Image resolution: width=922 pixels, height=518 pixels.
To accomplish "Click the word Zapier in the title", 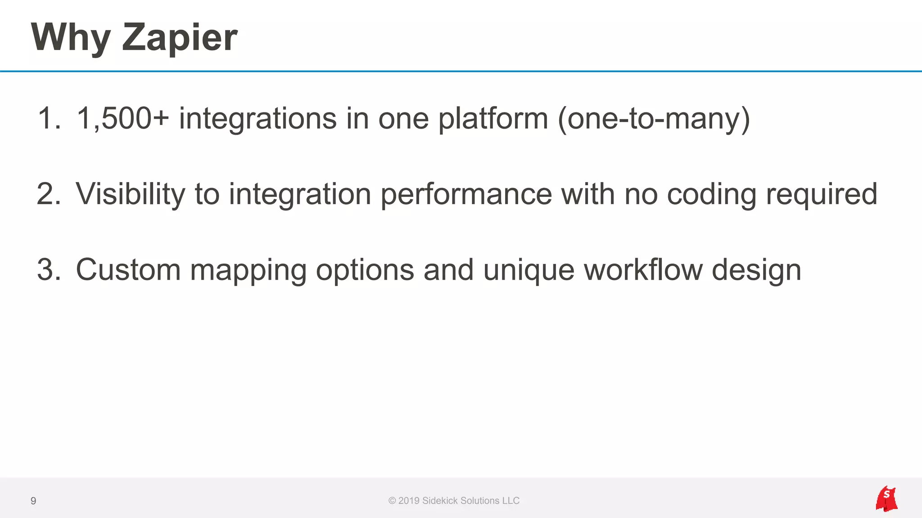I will [179, 38].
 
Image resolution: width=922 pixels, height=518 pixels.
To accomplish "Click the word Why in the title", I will [71, 38].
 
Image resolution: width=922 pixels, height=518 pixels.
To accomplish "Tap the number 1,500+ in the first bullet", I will [122, 119].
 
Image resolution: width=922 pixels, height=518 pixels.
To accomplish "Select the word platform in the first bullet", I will [493, 119].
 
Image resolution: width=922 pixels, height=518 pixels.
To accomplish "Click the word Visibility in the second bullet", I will [130, 194].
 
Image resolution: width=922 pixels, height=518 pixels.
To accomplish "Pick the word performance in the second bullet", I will [466, 194].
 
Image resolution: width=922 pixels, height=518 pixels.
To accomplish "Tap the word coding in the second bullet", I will [711, 194].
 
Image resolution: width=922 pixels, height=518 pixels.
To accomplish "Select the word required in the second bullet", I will [822, 194].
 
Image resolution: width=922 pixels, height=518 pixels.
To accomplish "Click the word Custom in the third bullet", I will [128, 270].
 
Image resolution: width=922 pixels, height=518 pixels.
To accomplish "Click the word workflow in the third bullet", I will [643, 270].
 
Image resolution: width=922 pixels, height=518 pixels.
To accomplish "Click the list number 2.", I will [48, 194].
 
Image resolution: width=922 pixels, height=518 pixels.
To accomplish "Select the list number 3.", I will [48, 270].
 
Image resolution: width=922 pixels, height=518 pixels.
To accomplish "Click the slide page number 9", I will [33, 501].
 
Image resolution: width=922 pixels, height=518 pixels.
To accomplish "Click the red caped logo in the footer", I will [886, 499].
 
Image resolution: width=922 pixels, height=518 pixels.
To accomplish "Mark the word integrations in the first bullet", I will [258, 119].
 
